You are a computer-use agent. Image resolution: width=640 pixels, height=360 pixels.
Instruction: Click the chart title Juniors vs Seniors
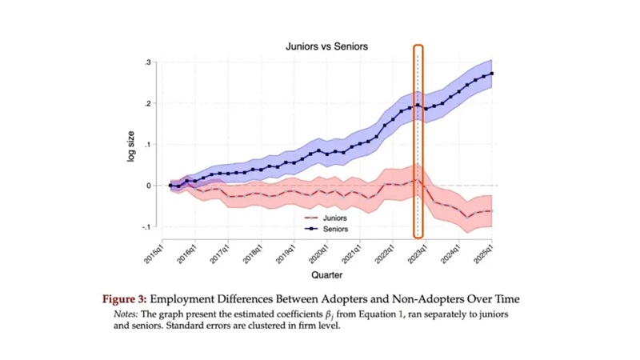click(326, 46)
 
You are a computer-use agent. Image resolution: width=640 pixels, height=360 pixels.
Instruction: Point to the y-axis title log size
click(131, 146)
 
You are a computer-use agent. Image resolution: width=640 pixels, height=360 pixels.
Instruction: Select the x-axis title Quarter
click(326, 275)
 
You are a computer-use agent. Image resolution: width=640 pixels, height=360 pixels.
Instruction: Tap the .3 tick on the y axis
click(148, 62)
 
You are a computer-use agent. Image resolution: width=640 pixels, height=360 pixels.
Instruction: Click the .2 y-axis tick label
click(148, 104)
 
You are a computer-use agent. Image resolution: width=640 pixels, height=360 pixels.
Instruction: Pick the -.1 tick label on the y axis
click(146, 227)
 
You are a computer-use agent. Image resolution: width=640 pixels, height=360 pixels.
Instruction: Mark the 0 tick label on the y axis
click(149, 186)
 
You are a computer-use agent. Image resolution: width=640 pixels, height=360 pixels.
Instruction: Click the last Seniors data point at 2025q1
click(491, 74)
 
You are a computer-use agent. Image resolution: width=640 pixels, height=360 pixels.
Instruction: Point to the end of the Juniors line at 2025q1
click(491, 211)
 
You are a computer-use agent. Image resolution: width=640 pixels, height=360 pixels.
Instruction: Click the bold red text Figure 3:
click(124, 299)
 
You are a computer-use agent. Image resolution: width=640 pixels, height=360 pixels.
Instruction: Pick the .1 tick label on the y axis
click(148, 145)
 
